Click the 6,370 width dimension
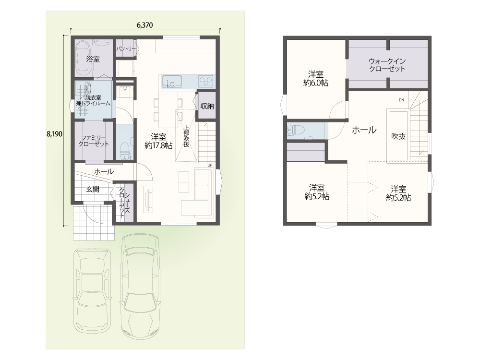point(144,25)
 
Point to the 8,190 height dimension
point(55,134)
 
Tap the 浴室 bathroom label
point(93,59)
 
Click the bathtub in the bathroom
point(83,58)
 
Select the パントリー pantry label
point(126,48)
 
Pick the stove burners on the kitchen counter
point(206,81)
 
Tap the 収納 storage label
point(207,106)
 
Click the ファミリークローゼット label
point(94,141)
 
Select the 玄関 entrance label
point(93,190)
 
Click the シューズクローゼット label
point(124,203)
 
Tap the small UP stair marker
point(210,165)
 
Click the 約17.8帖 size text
point(158,146)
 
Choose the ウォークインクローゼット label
point(387,65)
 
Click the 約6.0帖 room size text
point(316,83)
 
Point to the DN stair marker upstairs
point(402,100)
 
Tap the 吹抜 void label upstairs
point(398,136)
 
